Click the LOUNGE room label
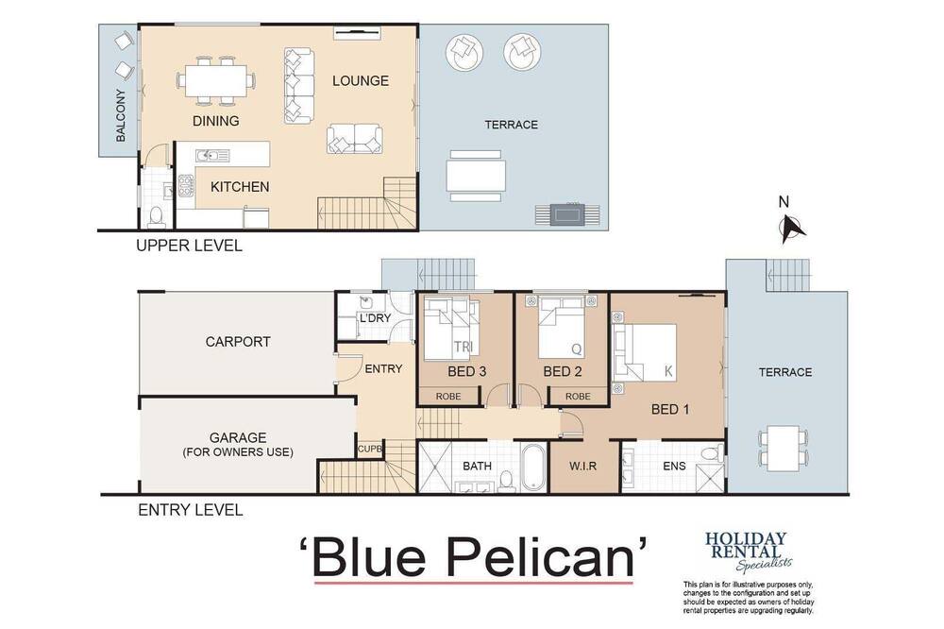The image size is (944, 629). pyautogui.click(x=360, y=80)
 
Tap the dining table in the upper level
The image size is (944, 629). pyautogui.click(x=215, y=80)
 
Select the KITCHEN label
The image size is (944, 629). pyautogui.click(x=240, y=187)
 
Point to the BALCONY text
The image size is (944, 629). pyautogui.click(x=121, y=115)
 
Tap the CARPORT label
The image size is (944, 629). pyautogui.click(x=238, y=342)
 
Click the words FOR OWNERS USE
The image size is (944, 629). pyautogui.click(x=238, y=451)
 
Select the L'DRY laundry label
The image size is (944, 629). pyautogui.click(x=375, y=317)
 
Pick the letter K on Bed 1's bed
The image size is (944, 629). pyautogui.click(x=668, y=371)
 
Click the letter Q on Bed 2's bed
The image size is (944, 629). pyautogui.click(x=576, y=348)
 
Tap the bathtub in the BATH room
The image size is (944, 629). pyautogui.click(x=534, y=467)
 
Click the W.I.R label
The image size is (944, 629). pyautogui.click(x=582, y=466)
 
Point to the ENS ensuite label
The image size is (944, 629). pyautogui.click(x=674, y=466)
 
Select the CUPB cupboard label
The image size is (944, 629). pyautogui.click(x=370, y=449)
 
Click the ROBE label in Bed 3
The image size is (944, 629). pyautogui.click(x=448, y=396)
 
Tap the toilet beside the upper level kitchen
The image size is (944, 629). pyautogui.click(x=156, y=216)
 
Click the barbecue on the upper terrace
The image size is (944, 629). pyautogui.click(x=567, y=214)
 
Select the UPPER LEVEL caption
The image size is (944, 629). pyautogui.click(x=189, y=246)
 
